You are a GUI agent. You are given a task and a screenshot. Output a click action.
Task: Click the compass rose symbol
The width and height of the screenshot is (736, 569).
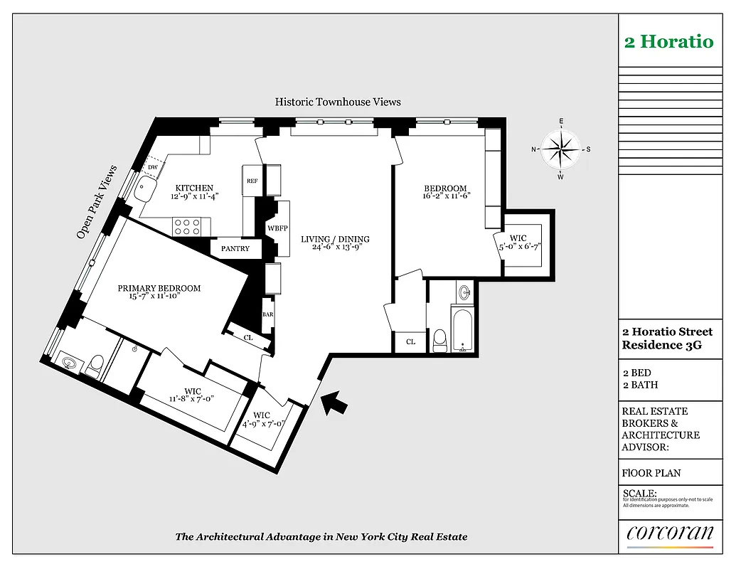click(x=561, y=149)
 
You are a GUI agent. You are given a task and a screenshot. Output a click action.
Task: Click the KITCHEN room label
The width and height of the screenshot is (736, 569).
click(x=194, y=188)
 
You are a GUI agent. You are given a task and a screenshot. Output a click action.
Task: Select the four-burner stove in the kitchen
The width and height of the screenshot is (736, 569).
click(x=187, y=226)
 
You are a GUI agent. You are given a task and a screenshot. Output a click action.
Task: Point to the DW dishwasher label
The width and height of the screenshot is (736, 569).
click(x=152, y=167)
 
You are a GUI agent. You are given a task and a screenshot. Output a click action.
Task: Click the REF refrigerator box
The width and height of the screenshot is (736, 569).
click(x=252, y=181)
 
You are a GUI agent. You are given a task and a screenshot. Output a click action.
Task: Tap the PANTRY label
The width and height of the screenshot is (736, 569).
click(x=235, y=249)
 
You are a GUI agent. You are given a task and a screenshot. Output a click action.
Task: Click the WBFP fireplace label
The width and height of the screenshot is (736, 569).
click(x=277, y=228)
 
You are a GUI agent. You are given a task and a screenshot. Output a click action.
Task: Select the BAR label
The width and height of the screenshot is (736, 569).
click(x=268, y=314)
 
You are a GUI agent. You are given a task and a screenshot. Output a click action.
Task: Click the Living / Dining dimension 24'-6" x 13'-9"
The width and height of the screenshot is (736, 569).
click(x=335, y=248)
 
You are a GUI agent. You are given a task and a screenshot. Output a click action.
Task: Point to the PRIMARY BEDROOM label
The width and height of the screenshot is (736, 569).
click(x=159, y=288)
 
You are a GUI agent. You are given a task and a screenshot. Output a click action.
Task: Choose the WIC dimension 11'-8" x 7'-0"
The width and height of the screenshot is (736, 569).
click(x=193, y=400)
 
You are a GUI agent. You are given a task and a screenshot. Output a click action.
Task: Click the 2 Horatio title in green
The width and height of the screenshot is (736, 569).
click(x=668, y=41)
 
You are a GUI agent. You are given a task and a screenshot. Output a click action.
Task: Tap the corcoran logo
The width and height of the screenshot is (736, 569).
click(x=670, y=533)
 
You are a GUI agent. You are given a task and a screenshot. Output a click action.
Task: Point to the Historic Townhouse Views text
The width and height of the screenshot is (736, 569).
click(x=338, y=102)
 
